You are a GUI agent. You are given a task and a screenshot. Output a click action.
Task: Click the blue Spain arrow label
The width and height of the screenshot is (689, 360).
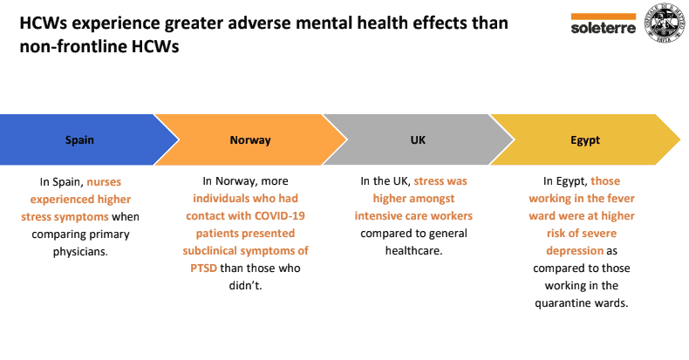[x=80, y=139]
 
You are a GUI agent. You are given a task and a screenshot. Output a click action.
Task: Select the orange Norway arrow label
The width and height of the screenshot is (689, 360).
[x=250, y=139]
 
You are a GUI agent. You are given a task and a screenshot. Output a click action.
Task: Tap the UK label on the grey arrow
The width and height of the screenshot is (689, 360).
[x=418, y=139]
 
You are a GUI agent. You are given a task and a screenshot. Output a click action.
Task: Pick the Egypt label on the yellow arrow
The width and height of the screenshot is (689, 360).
[x=585, y=139]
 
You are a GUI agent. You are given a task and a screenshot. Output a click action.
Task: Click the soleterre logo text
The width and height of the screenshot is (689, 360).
[x=603, y=27]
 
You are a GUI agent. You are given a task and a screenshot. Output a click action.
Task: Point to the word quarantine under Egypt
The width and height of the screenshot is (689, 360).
[x=566, y=303]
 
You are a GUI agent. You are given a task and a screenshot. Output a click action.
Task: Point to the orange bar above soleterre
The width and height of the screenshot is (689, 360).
[x=603, y=16]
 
